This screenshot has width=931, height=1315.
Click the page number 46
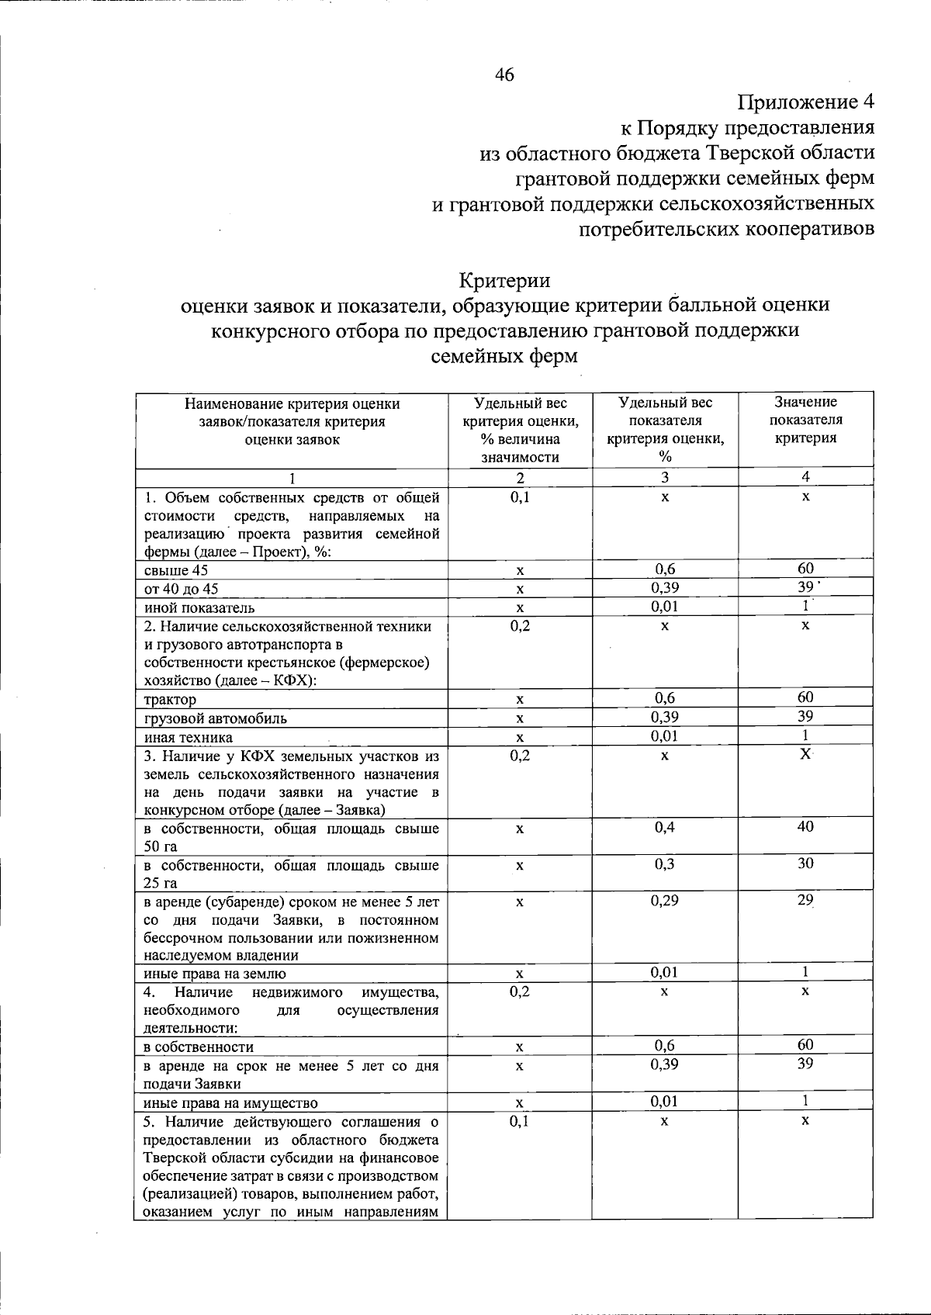(504, 75)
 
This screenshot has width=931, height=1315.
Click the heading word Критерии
(504, 279)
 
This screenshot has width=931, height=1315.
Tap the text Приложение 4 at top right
(806, 102)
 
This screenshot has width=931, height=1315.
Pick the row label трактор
(170, 700)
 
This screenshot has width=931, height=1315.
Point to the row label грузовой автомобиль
(215, 718)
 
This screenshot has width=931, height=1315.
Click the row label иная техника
(188, 737)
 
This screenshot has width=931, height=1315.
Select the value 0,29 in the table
(665, 901)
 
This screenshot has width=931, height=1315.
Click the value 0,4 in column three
(665, 827)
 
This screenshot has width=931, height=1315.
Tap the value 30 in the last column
(805, 863)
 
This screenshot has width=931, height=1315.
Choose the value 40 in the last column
(805, 827)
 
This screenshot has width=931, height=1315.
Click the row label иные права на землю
(215, 974)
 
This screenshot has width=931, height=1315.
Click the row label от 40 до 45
(181, 590)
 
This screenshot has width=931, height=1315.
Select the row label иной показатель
(199, 608)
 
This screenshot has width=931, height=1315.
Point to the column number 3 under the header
(665, 477)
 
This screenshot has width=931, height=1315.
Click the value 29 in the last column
(805, 901)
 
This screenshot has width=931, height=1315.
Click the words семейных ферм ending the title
(504, 357)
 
